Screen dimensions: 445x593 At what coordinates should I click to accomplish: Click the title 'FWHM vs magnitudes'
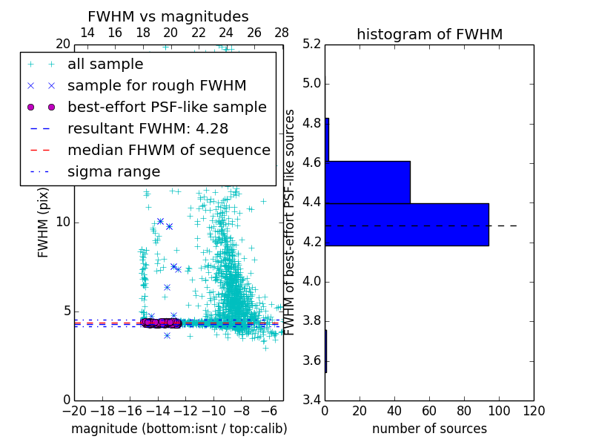tap(168, 16)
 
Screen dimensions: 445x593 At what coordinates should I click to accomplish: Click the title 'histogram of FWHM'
tap(429, 34)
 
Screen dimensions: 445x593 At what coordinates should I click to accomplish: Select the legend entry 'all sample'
tap(105, 65)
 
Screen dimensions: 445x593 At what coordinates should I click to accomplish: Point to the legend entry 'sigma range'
tap(113, 172)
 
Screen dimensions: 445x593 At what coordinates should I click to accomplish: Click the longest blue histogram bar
tap(407, 224)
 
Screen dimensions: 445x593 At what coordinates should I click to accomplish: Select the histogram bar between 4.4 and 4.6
tap(368, 182)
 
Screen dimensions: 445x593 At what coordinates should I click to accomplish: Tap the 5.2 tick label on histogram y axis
tap(312, 44)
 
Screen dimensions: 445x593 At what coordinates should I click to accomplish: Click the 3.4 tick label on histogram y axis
tap(312, 400)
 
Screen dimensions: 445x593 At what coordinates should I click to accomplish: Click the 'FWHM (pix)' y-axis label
tap(44, 222)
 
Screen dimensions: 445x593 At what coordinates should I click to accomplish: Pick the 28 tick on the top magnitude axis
tap(282, 33)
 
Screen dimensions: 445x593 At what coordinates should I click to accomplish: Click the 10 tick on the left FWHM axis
tap(63, 222)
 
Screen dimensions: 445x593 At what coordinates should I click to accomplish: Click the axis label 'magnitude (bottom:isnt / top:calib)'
tap(179, 429)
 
